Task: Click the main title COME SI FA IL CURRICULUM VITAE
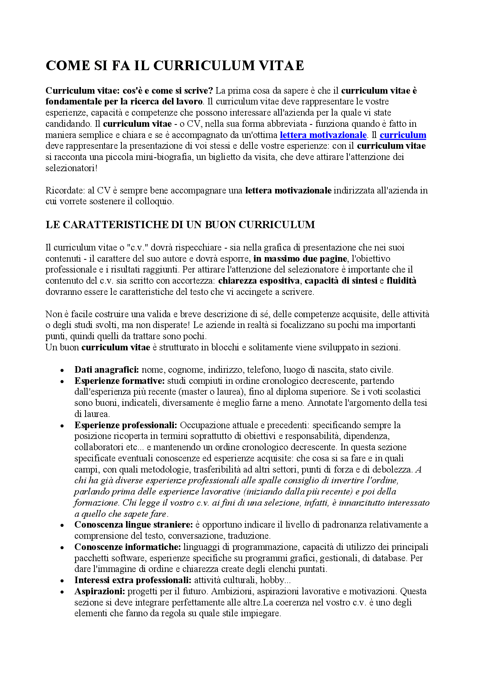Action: tap(175, 66)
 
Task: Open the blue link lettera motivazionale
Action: tap(323, 135)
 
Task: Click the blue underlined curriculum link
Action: tap(403, 135)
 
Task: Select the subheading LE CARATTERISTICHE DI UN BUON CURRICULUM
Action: tap(180, 225)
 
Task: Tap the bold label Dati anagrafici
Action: tap(106, 370)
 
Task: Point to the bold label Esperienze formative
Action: tap(119, 381)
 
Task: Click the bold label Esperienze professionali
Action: tap(126, 425)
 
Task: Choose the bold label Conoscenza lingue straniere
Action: tap(133, 525)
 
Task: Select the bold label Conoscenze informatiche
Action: tap(128, 547)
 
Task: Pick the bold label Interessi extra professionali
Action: tap(133, 580)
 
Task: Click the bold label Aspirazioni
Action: tap(100, 591)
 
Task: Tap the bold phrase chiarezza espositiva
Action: tap(259, 281)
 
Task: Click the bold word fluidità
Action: tap(401, 281)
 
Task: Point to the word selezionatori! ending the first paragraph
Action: tap(71, 168)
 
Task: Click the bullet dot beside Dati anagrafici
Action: tap(62, 370)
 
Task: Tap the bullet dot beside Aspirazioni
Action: tap(62, 592)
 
